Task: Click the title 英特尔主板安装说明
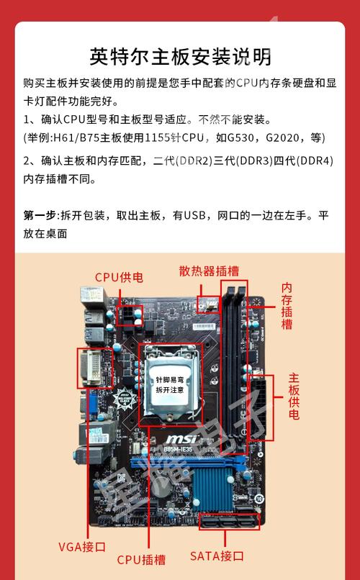[180, 55]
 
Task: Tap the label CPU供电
[119, 277]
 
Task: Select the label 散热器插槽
[209, 271]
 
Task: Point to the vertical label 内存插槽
[287, 306]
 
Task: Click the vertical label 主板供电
[294, 397]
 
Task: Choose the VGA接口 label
[81, 546]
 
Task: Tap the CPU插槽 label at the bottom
[141, 558]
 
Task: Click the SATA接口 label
[217, 556]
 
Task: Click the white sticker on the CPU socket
[169, 384]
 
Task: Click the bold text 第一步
[40, 215]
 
